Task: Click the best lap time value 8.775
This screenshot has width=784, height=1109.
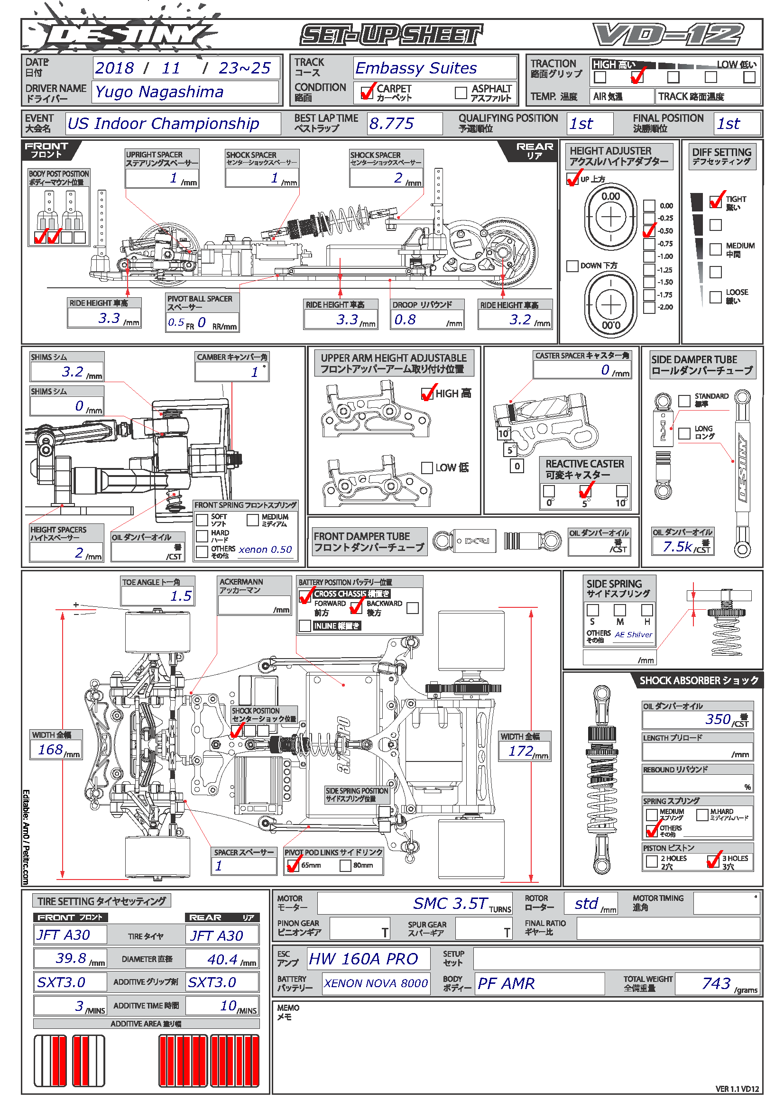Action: (x=391, y=124)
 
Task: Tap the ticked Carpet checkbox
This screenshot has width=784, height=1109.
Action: (x=367, y=92)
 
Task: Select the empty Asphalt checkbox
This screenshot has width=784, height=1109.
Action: (x=461, y=92)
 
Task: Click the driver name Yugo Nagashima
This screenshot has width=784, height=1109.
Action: (x=159, y=92)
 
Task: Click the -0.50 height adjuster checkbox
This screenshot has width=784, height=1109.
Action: (x=649, y=231)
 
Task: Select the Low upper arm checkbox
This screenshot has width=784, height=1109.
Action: (x=426, y=467)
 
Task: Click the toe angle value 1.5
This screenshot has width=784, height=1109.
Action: (x=181, y=596)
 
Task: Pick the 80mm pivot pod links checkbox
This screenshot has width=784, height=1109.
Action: (x=345, y=866)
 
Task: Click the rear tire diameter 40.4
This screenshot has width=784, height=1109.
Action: (x=222, y=959)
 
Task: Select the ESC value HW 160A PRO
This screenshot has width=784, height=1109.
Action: (x=363, y=959)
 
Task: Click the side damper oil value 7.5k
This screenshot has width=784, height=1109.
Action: (x=678, y=547)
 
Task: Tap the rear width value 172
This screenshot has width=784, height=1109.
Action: (x=521, y=751)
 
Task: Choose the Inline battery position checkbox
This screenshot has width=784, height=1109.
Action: (x=305, y=626)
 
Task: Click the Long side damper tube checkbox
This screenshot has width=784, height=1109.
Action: (x=684, y=433)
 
